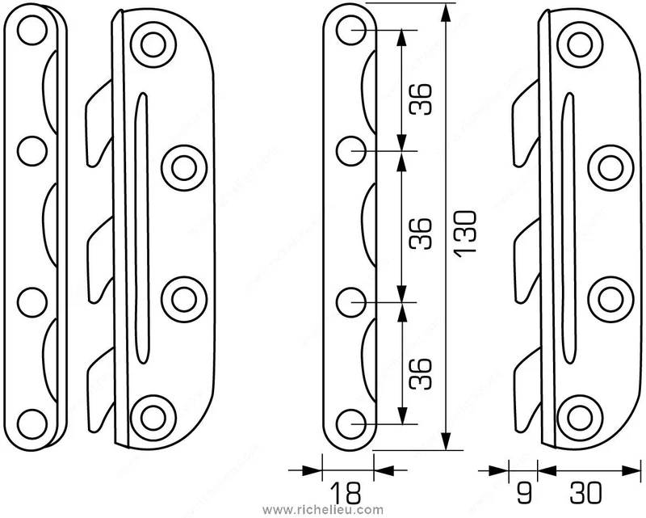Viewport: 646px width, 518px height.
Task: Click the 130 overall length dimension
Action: click(x=466, y=234)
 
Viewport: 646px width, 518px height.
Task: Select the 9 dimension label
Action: click(x=523, y=492)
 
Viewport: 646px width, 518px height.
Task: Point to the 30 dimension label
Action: click(x=585, y=492)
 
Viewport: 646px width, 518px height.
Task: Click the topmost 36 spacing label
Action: click(x=421, y=99)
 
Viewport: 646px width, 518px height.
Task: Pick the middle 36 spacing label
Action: click(x=421, y=234)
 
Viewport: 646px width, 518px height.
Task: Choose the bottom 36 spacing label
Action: click(x=421, y=374)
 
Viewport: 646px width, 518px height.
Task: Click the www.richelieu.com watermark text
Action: click(x=322, y=510)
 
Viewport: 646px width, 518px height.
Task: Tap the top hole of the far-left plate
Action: click(x=32, y=30)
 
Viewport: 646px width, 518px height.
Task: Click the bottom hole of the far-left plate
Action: click(x=32, y=424)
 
